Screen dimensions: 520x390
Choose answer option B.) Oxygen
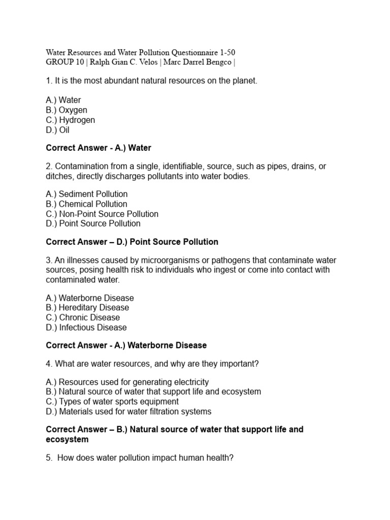pos(67,110)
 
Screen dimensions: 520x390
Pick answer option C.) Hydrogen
pos(71,120)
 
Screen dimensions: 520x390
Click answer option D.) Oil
pos(57,130)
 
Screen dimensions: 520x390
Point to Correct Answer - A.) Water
pos(99,148)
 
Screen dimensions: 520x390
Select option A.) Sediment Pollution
pos(87,194)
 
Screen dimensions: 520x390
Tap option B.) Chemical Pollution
pos(86,204)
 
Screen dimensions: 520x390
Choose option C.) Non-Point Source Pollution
pos(102,214)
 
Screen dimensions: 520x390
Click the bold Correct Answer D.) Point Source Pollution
pos(132,242)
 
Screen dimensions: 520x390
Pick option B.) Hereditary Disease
pos(87,308)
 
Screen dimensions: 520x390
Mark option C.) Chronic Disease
pos(83,317)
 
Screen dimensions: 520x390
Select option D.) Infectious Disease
pos(86,328)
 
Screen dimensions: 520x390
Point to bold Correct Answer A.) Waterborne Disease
pos(126,345)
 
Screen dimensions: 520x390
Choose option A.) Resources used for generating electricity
pos(127,382)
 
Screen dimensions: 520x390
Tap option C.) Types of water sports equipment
pos(112,402)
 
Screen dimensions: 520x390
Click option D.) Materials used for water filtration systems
pos(128,411)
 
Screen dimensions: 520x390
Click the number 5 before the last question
pos(48,458)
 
